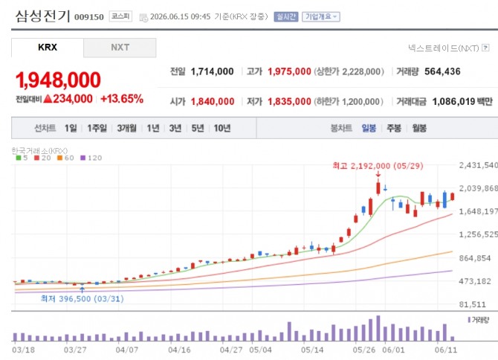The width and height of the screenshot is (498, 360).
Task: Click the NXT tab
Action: click(x=120, y=48)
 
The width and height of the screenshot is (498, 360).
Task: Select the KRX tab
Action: click(x=48, y=48)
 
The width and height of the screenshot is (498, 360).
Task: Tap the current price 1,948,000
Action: click(x=58, y=80)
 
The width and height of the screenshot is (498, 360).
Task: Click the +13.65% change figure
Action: click(x=122, y=99)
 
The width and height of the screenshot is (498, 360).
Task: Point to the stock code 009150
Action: click(x=89, y=17)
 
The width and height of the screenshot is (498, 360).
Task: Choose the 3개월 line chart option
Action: click(x=126, y=128)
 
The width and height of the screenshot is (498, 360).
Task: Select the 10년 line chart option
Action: click(x=222, y=128)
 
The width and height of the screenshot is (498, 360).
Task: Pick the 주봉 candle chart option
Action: click(x=394, y=128)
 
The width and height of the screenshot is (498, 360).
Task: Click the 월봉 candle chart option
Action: click(x=419, y=128)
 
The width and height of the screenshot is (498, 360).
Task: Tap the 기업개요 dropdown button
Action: click(x=321, y=16)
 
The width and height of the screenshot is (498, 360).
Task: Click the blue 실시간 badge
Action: click(x=286, y=16)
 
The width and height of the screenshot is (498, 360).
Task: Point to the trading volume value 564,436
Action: click(x=442, y=71)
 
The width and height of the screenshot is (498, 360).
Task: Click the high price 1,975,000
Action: click(x=289, y=71)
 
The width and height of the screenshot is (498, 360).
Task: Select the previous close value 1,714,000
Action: click(x=212, y=71)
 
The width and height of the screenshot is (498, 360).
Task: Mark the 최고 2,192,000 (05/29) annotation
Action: click(x=378, y=166)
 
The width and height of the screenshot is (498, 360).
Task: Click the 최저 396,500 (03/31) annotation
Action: click(x=83, y=299)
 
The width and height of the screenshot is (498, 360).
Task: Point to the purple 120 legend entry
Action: click(x=91, y=158)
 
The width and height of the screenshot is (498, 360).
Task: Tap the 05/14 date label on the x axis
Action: click(x=312, y=350)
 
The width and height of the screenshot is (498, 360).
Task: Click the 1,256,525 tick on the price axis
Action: click(x=479, y=234)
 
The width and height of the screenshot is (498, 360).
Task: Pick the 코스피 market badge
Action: click(x=120, y=16)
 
